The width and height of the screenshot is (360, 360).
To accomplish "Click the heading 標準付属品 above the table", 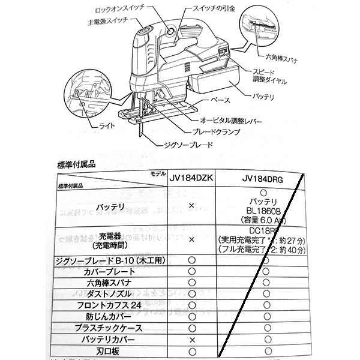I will click(75, 163).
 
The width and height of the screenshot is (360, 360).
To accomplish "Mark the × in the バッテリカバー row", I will click(191, 339).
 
